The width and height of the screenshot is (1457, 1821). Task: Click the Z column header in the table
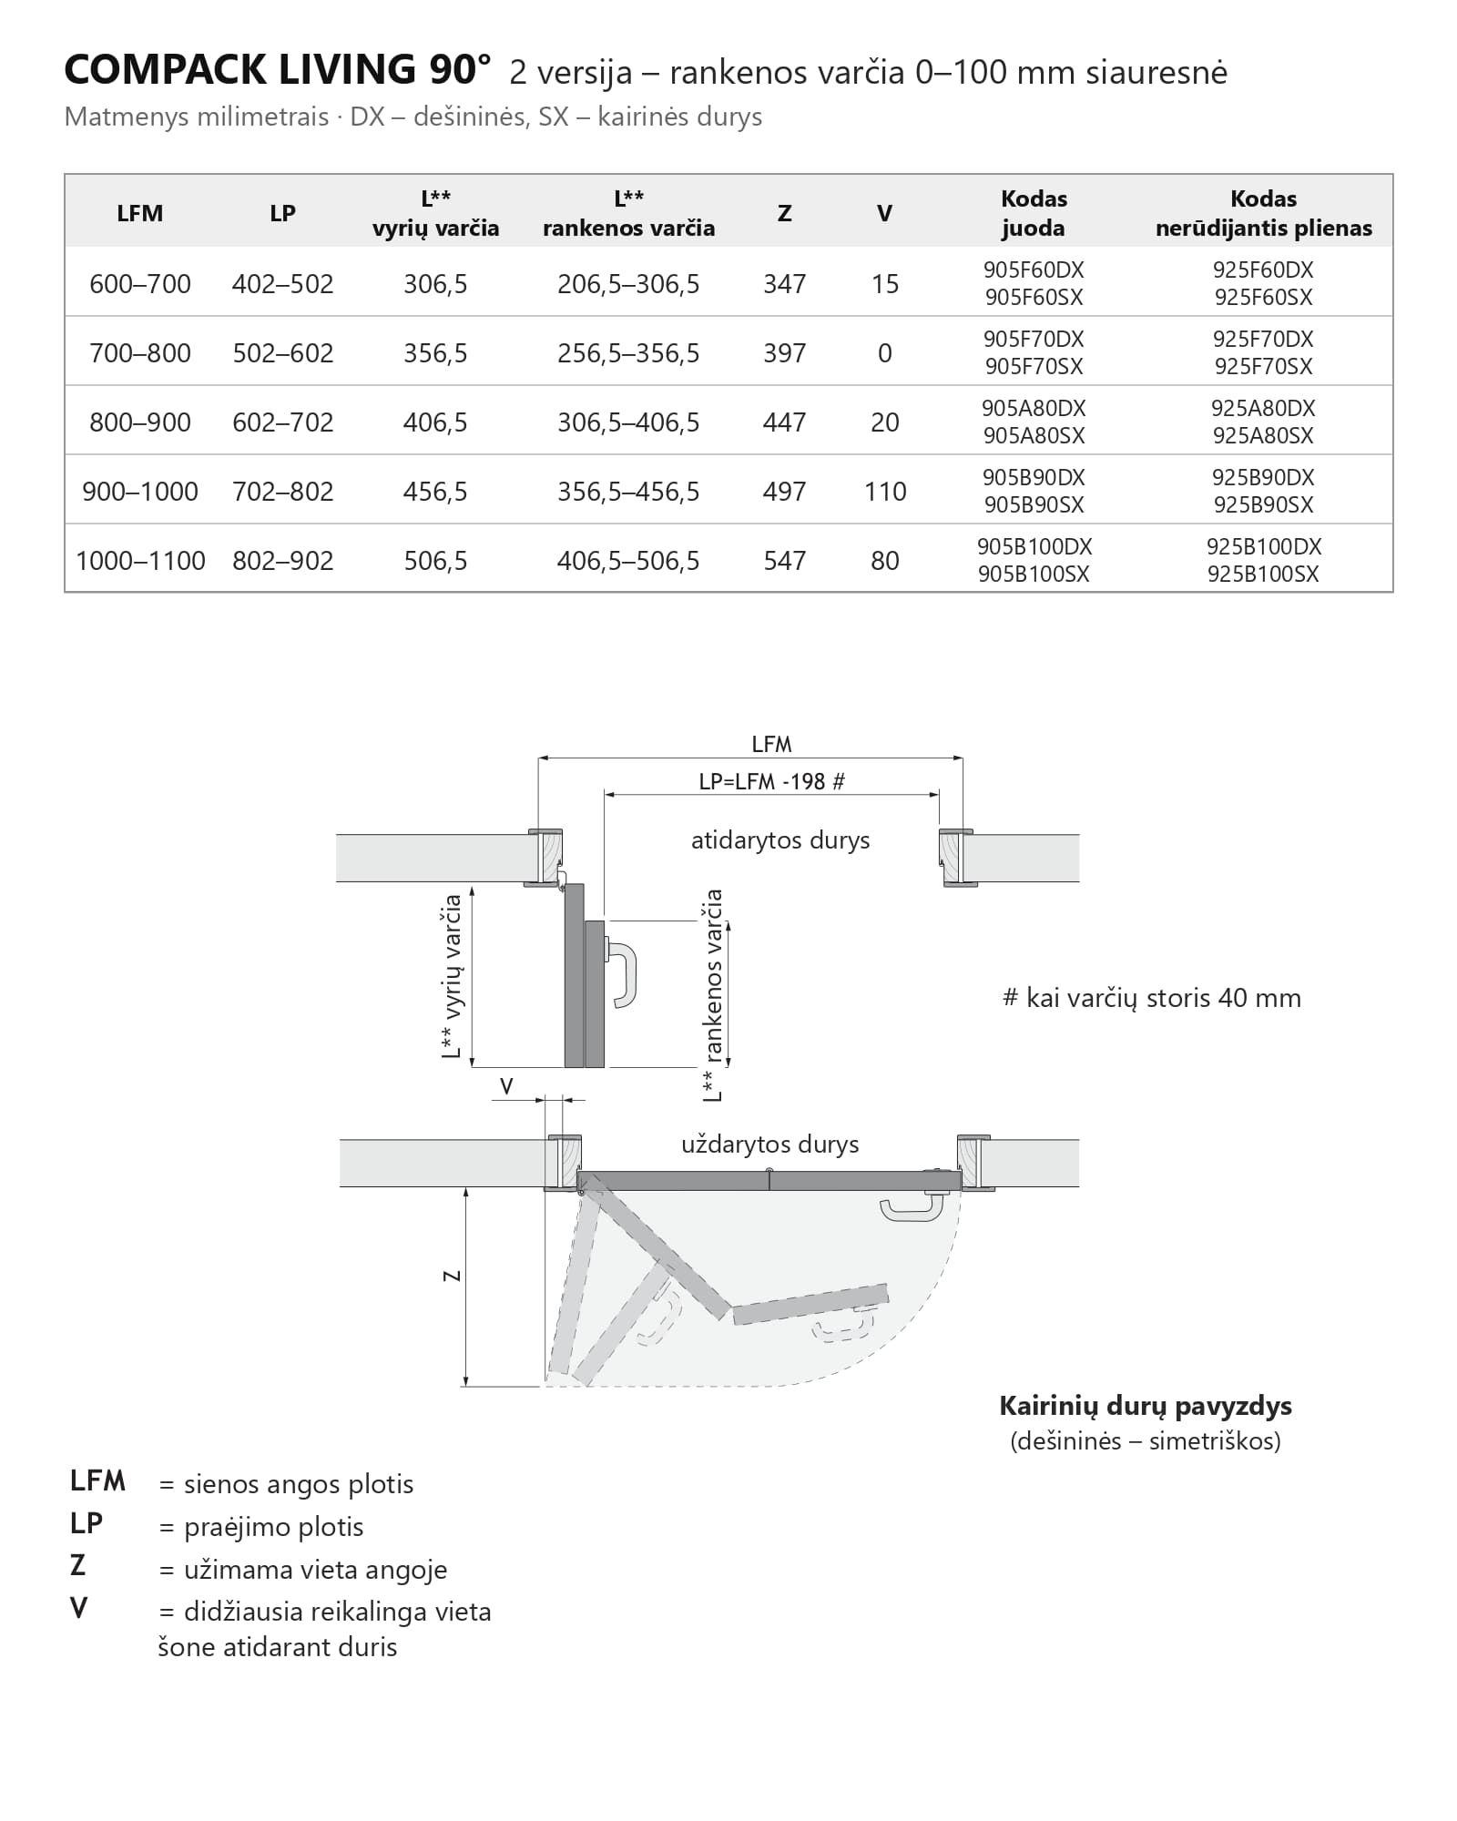(x=784, y=213)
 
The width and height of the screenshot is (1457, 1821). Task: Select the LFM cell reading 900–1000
(x=140, y=492)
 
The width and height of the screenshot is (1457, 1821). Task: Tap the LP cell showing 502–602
(x=283, y=353)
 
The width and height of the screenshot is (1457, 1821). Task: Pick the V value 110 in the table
(x=885, y=492)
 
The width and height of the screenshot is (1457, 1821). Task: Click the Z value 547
(x=784, y=561)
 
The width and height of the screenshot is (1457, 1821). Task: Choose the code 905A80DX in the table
(x=1034, y=408)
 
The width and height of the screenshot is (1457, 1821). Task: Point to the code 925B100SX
(x=1263, y=575)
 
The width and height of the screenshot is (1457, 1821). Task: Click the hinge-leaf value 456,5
(x=435, y=492)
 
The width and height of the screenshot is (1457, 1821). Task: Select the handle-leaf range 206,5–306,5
(x=628, y=284)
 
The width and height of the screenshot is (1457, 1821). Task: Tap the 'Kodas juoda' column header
(x=1034, y=213)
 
